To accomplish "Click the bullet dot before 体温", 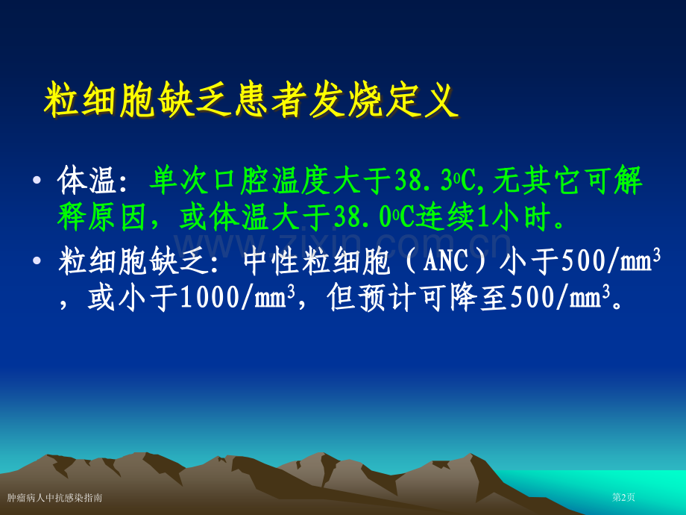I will pos(37,182).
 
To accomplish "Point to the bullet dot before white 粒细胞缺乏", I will pos(37,262).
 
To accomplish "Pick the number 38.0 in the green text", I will pos(362,218).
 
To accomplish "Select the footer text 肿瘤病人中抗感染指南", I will pos(55,497).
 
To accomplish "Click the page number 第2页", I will pos(623,497).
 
